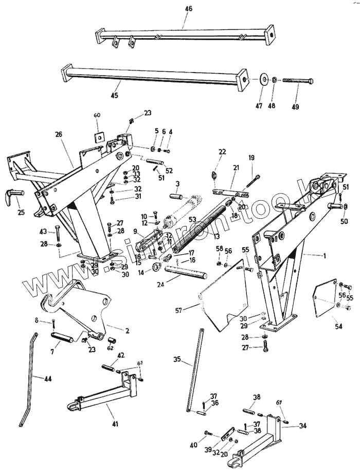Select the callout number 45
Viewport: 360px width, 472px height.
[x=114, y=96]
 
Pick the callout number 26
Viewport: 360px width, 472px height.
[x=58, y=135]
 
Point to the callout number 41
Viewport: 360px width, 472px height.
[x=115, y=424]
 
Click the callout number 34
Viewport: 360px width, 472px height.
[x=302, y=425]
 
